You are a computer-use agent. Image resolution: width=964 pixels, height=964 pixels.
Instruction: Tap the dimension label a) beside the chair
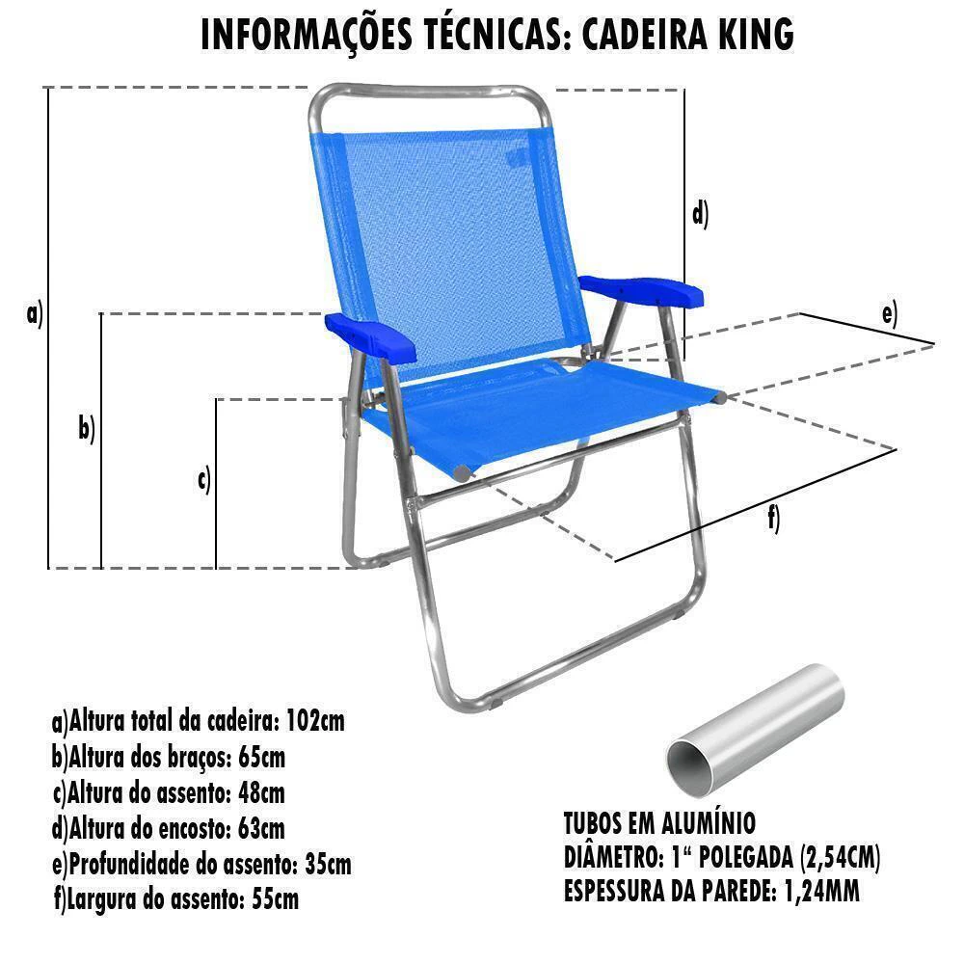coord(35,313)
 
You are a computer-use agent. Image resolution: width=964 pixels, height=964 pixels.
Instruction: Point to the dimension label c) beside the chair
coord(204,479)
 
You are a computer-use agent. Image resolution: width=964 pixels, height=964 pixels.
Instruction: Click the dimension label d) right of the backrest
coord(700,215)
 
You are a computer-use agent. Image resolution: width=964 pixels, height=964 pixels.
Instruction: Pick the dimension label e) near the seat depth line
coord(890,313)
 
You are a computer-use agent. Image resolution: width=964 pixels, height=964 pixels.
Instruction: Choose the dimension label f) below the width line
coord(774,519)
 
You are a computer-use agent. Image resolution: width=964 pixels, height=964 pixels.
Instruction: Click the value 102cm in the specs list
coord(315,720)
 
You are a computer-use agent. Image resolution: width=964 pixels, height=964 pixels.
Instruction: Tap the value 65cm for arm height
coord(261,757)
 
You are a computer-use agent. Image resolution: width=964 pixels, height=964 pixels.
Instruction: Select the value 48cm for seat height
coord(260,793)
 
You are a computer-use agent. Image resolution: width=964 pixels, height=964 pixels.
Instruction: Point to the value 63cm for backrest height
coord(261,829)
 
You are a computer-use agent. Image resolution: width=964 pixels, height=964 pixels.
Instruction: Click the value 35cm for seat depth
coord(329,864)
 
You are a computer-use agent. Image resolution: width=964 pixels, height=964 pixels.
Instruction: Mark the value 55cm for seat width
coord(276,899)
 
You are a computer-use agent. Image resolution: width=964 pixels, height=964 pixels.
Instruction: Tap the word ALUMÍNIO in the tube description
coord(709,823)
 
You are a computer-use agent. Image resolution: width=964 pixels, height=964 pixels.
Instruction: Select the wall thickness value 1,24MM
coord(822,891)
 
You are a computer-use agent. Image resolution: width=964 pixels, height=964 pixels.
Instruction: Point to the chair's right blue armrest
coord(641,291)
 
